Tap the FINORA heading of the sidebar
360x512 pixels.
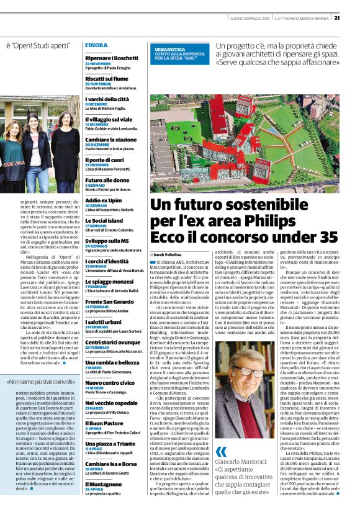pos(96,45)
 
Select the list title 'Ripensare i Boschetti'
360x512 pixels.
pos(112,57)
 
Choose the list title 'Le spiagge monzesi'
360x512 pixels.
pos(108,282)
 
